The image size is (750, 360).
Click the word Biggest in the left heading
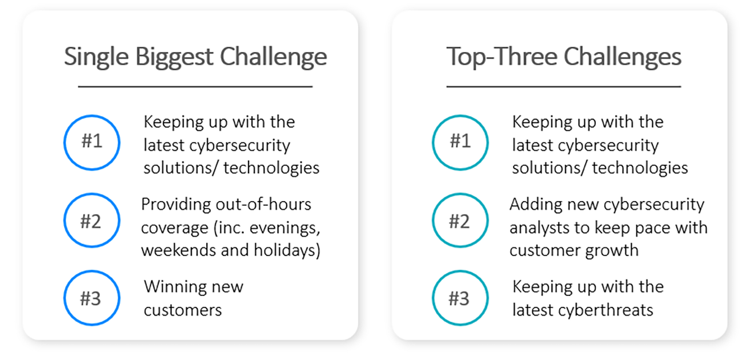[174, 57]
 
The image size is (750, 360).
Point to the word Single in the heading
[97, 57]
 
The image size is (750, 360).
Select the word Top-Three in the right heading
[502, 57]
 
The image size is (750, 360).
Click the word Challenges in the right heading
[623, 57]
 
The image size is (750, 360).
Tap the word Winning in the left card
[173, 287]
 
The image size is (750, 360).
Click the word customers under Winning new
[183, 310]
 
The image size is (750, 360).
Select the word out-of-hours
[263, 204]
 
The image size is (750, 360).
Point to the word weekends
[178, 250]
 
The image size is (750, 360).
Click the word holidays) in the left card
[287, 251]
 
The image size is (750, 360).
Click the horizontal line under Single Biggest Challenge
[195, 87]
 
